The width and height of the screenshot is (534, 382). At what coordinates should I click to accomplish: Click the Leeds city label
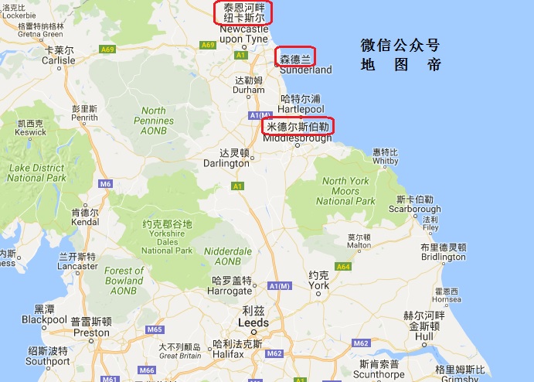[253, 322]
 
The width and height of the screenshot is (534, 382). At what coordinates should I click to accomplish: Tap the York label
[318, 285]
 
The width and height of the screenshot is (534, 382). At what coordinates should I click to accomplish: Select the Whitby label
[385, 161]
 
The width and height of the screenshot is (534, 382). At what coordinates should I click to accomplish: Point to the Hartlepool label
[298, 109]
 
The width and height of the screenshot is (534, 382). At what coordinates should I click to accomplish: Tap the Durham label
[249, 90]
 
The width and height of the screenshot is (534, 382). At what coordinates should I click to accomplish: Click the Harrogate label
[230, 291]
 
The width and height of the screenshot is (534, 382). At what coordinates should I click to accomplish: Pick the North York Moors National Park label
[345, 191]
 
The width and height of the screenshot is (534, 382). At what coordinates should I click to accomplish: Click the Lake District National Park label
[36, 172]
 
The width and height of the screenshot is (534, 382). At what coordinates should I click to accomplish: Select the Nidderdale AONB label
[228, 256]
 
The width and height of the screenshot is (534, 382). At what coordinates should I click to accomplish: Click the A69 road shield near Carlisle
[107, 48]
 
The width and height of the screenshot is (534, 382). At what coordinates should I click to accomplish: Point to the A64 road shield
[343, 267]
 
